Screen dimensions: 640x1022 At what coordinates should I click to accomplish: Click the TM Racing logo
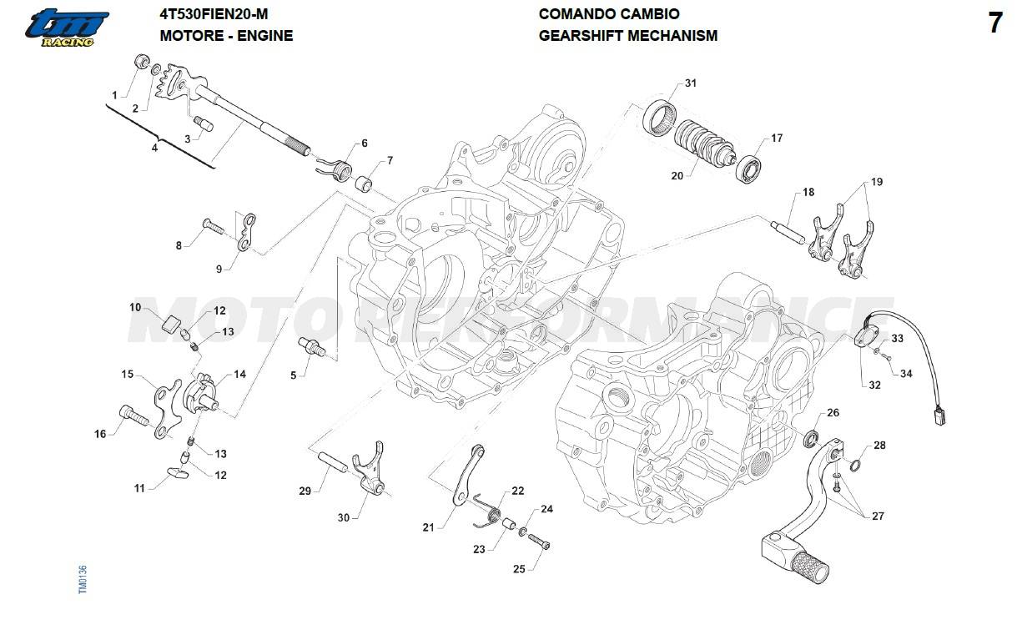pos(66,27)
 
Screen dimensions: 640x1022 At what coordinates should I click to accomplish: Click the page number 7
pos(994,24)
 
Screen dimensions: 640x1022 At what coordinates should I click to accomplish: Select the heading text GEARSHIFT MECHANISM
pos(627,36)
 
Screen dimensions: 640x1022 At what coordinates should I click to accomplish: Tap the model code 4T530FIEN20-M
pos(214,14)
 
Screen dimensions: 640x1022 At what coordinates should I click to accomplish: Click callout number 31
pos(690,83)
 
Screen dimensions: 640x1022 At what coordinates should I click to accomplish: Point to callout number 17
pos(776,139)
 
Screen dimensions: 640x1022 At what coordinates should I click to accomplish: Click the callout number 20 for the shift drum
pos(677,176)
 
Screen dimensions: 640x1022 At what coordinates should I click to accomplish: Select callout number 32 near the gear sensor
pos(874,385)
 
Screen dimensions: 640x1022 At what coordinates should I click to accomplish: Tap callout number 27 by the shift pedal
pos(878,517)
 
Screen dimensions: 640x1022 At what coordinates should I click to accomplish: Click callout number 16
pos(100,434)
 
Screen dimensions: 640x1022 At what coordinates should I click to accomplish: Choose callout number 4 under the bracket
pos(154,148)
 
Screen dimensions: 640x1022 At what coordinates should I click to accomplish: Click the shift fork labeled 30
pos(372,476)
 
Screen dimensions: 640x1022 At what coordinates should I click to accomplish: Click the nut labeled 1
pos(142,63)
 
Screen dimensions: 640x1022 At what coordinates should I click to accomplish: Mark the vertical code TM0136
pos(83,580)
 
